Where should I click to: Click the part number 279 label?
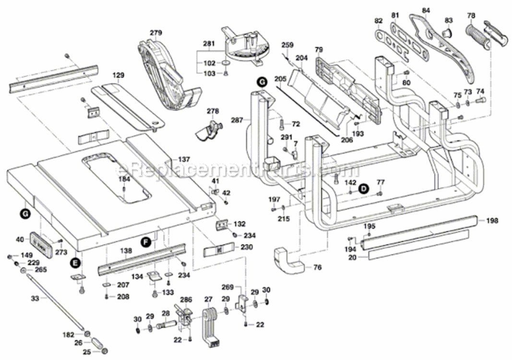155,33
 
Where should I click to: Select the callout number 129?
119,75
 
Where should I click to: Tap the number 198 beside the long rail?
492,221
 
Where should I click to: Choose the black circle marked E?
74,262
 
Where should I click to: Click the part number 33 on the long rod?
35,299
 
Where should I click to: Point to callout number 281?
208,44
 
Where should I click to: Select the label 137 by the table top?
185,159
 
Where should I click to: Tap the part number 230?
246,247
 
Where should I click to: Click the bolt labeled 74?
481,100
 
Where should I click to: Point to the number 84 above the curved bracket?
426,10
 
